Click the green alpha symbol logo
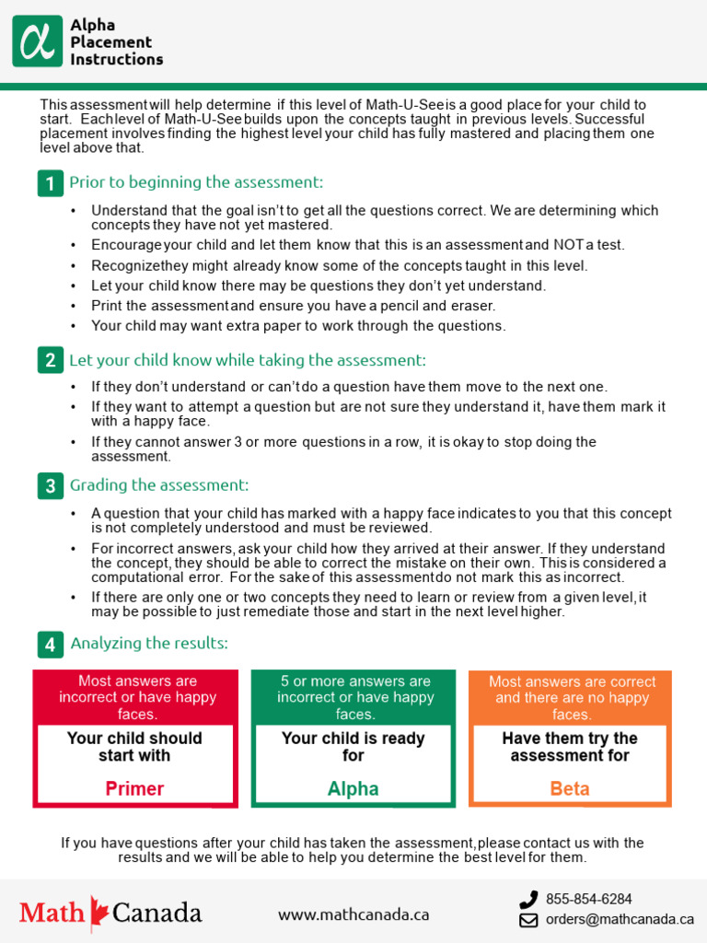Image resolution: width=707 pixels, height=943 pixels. (38, 41)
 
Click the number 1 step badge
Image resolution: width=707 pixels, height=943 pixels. (50, 183)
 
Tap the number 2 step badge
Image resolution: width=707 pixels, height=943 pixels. (50, 361)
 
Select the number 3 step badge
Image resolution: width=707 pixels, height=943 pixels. (50, 485)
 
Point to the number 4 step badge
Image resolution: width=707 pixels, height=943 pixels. (50, 643)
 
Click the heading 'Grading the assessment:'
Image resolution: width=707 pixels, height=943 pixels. (159, 485)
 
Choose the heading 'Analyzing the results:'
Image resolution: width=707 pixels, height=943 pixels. (149, 643)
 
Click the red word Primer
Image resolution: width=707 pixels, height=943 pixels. (134, 788)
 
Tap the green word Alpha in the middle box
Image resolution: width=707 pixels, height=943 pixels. (353, 788)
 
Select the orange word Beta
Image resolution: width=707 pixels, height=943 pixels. (570, 788)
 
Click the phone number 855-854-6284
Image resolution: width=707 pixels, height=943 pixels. (589, 899)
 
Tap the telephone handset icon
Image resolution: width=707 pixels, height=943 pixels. (528, 900)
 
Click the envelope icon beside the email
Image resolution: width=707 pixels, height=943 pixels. (528, 919)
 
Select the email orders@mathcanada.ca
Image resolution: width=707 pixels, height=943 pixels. (620, 919)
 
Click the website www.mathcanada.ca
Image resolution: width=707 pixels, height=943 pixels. (353, 914)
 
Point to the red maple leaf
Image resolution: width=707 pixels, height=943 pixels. (99, 911)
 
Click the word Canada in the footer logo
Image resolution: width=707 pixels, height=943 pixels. (156, 913)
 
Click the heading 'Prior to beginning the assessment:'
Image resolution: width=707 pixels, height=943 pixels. (196, 182)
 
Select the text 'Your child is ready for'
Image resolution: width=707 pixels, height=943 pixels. (353, 747)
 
